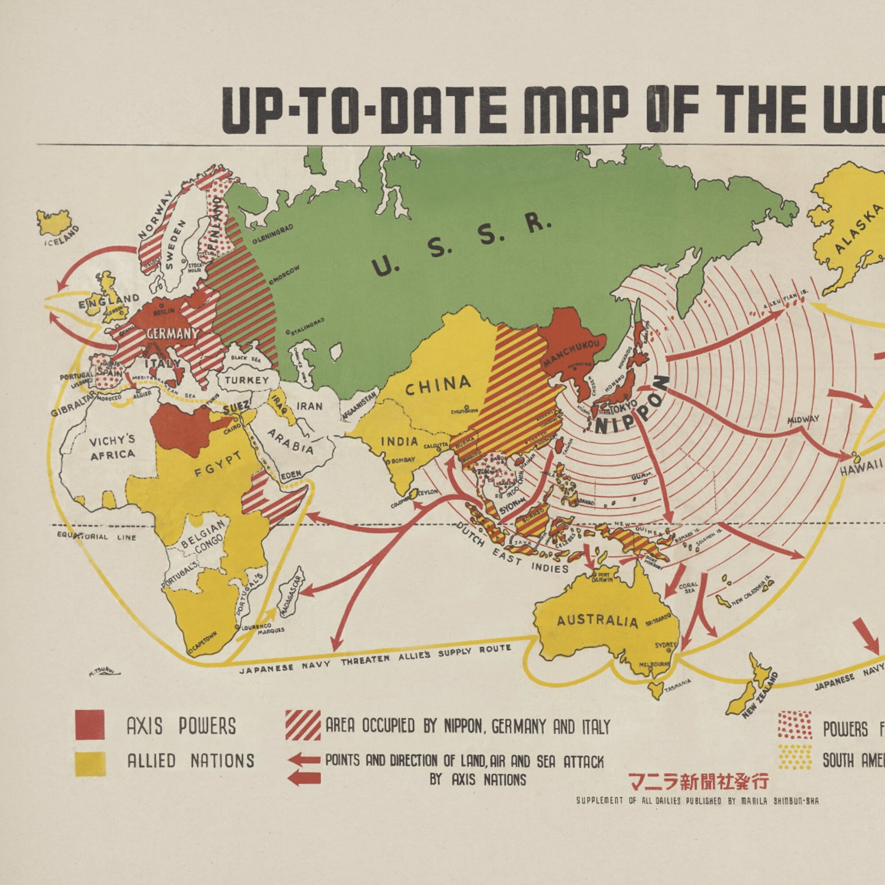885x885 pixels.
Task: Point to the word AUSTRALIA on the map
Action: pyautogui.click(x=597, y=621)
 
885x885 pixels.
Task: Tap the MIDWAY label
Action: pyautogui.click(x=803, y=419)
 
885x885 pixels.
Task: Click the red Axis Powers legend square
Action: pyautogui.click(x=90, y=725)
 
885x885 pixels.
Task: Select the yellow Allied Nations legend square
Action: pyautogui.click(x=90, y=764)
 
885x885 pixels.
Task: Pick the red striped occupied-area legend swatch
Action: pyautogui.click(x=303, y=725)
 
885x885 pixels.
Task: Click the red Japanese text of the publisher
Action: pyautogui.click(x=698, y=782)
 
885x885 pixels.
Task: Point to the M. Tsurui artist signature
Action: pyautogui.click(x=104, y=673)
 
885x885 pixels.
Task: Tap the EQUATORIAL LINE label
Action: pyautogui.click(x=96, y=536)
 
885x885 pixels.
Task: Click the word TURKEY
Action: pyautogui.click(x=246, y=380)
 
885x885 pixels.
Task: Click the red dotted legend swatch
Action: pyautogui.click(x=795, y=726)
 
